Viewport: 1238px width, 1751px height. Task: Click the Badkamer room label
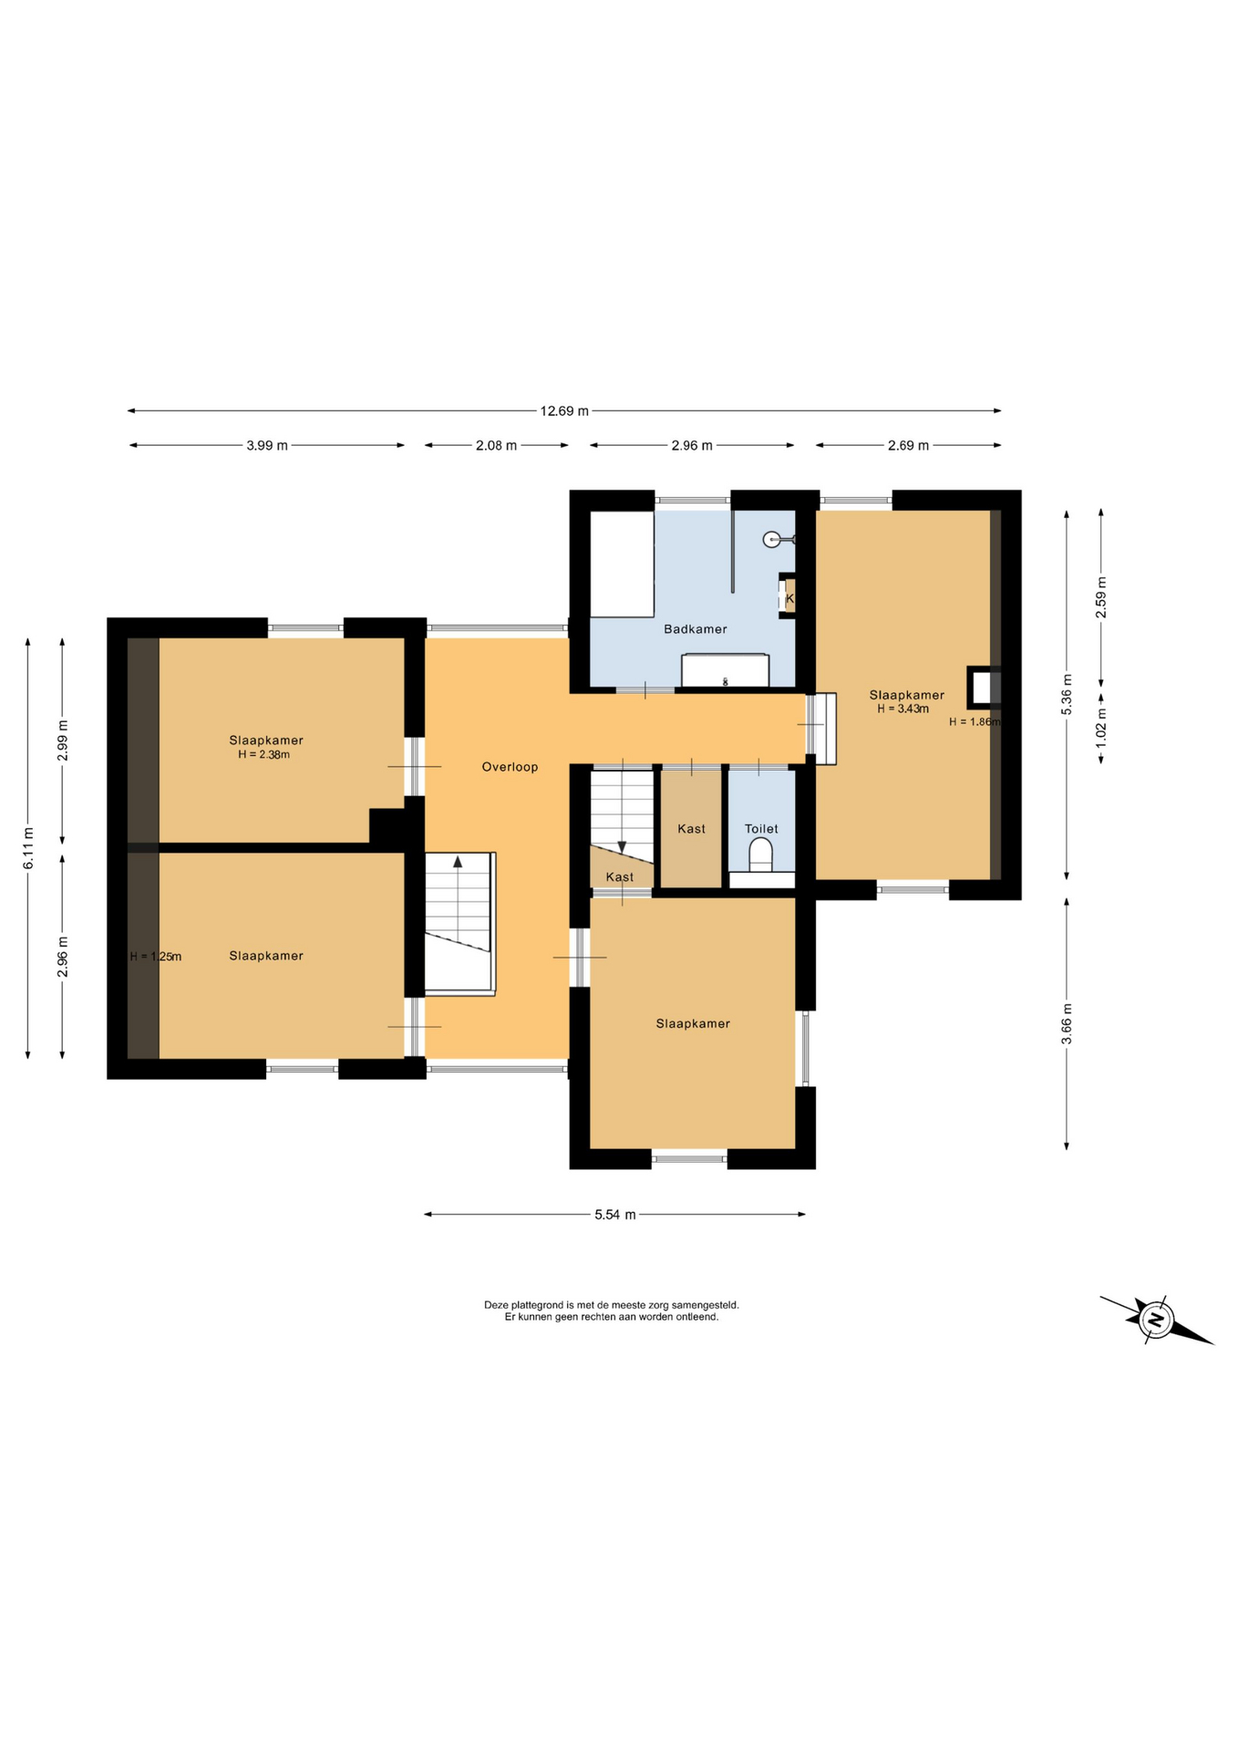coord(696,629)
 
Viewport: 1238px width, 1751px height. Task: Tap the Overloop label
coord(510,767)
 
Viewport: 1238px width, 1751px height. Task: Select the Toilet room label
coord(761,829)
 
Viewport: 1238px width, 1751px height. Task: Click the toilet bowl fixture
coord(760,856)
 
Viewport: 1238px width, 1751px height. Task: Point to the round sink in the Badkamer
coord(772,540)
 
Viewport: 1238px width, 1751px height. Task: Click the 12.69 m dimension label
coord(564,411)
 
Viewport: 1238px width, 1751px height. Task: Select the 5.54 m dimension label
coord(615,1215)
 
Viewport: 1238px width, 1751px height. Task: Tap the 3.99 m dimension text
coord(267,446)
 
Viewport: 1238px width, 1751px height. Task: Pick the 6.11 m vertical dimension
coord(28,847)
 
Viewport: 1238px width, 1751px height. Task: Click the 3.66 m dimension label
coord(1068,1023)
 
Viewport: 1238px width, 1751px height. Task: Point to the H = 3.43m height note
coord(903,709)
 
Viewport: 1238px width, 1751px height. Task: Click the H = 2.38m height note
coord(263,755)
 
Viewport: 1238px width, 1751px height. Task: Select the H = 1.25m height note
coord(156,957)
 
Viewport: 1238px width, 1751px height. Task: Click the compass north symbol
coord(1156,1320)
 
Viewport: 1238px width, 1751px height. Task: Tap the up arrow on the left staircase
coord(458,862)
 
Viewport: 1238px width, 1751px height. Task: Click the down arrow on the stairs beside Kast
coord(622,846)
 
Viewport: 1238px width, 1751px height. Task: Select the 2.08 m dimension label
coord(496,446)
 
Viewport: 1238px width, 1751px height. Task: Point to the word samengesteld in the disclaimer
coord(705,1305)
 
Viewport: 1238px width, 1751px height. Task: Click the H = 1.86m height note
coord(975,721)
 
